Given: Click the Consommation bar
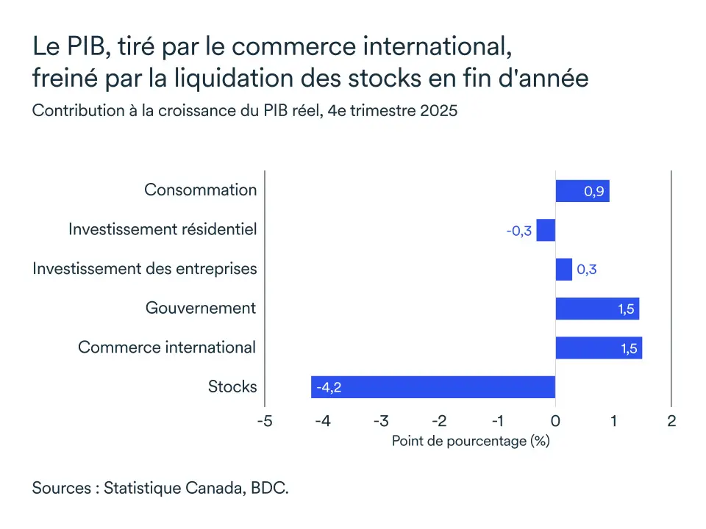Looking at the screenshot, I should click(x=582, y=191).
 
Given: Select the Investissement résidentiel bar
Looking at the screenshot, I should click(x=546, y=230).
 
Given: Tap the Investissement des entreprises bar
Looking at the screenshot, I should click(x=563, y=269).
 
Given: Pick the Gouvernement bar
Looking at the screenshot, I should click(x=596, y=309).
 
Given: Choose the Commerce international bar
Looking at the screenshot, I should click(x=598, y=348).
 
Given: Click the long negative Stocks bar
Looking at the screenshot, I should click(x=432, y=386).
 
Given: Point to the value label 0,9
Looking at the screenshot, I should click(x=594, y=192).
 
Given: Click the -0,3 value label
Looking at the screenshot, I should click(x=518, y=231).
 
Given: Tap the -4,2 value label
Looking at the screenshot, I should click(x=329, y=387).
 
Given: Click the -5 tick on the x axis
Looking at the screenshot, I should click(x=264, y=421).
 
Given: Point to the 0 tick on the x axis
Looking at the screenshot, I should click(x=555, y=421).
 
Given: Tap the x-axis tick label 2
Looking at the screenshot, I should click(x=671, y=421).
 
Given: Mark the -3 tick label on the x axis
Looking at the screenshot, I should click(x=380, y=421).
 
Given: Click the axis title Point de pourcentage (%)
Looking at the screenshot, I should click(x=471, y=441).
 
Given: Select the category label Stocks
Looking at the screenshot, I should click(x=232, y=386).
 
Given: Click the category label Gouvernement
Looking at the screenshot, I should click(x=201, y=308).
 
